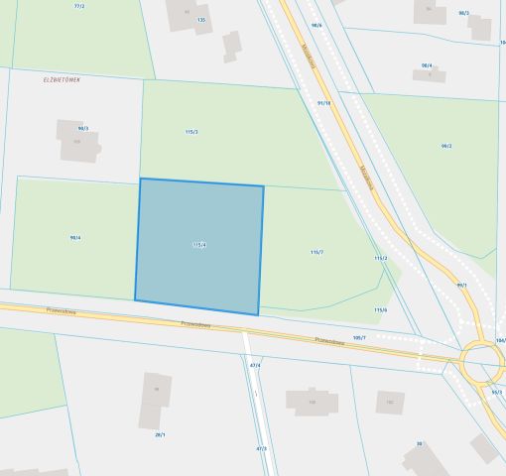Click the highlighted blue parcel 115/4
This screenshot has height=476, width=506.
point(199,246)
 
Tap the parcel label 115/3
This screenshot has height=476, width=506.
point(191,132)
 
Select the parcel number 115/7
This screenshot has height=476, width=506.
point(316,253)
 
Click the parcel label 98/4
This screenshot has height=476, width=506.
point(75,238)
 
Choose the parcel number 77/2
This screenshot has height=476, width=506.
point(79,6)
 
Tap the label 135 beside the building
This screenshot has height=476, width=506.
point(201,20)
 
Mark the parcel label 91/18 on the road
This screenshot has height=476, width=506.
point(323,102)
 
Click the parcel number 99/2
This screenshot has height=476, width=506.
point(446,146)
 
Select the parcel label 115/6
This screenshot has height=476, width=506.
point(380,309)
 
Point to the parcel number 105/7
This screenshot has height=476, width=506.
point(358,337)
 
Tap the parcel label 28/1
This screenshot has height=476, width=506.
point(159,434)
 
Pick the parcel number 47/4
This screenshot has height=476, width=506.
point(255,365)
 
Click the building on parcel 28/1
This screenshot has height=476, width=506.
point(155,400)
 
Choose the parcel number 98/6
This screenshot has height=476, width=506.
point(316,26)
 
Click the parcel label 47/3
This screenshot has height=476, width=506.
point(261,448)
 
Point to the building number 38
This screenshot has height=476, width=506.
point(420,444)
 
